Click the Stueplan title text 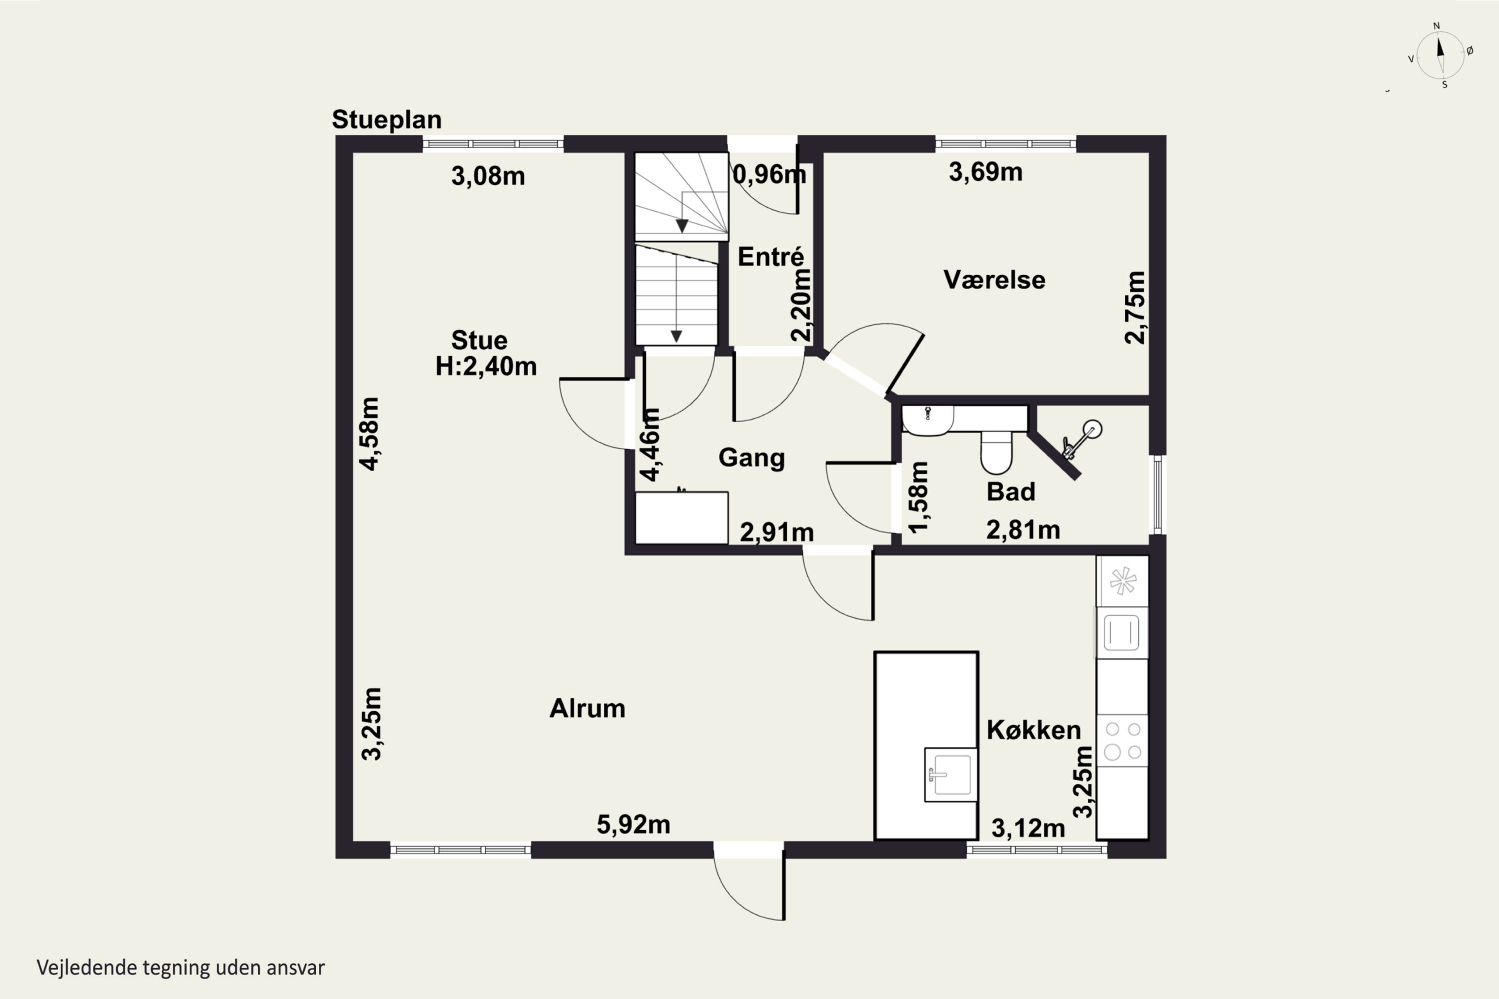[387, 120]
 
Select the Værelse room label [994, 280]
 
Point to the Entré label [770, 256]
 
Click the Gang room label [751, 458]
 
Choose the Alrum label [587, 708]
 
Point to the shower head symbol [1083, 438]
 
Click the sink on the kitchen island [951, 775]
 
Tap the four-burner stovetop [1122, 740]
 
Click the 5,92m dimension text [634, 825]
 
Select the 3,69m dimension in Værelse [985, 172]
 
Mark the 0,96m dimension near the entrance [769, 174]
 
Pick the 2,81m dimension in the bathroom [1023, 529]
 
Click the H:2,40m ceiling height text [486, 366]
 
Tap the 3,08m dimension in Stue [488, 176]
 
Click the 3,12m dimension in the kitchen [1028, 828]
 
